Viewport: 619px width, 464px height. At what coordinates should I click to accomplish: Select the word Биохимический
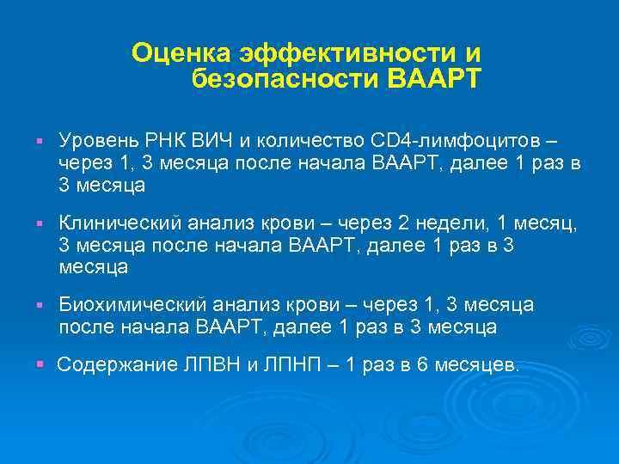coord(124,306)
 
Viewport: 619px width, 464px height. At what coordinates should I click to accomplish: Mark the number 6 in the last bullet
coord(422,365)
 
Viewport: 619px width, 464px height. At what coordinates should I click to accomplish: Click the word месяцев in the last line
coord(477,365)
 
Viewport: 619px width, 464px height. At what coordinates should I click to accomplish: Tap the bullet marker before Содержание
coord(40,366)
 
